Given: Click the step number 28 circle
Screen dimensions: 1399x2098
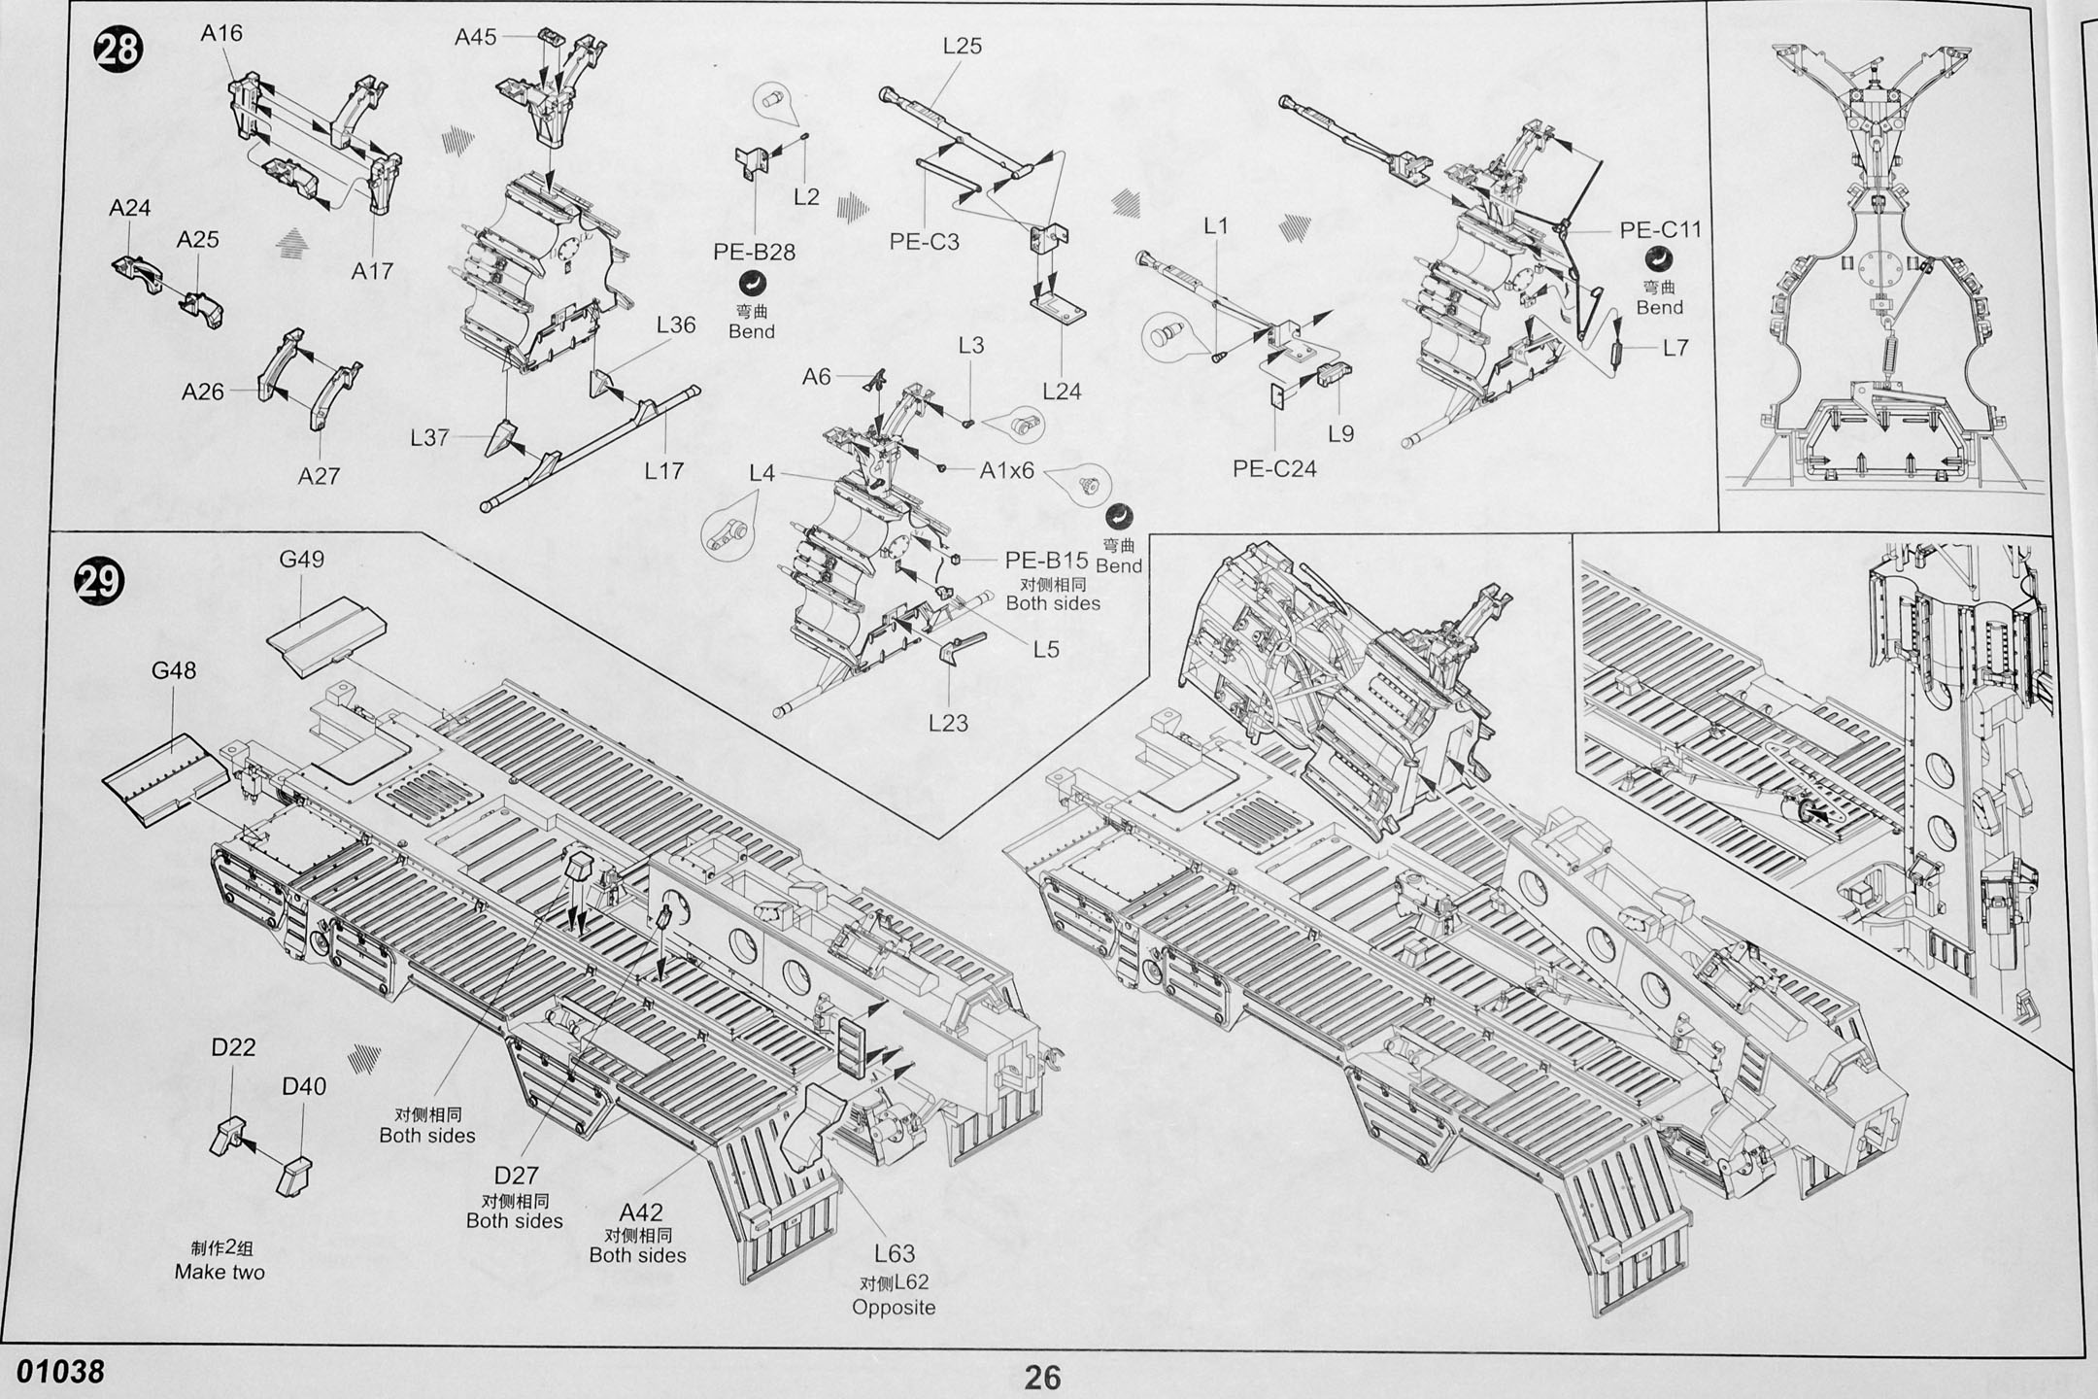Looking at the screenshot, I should coord(118,49).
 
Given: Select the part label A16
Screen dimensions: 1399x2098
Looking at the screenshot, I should coord(221,33).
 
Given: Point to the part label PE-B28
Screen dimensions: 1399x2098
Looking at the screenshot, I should coord(754,252).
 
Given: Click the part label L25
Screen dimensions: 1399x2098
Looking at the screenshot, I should coord(962,46).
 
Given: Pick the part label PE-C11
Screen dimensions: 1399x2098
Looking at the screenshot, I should coord(1661,230).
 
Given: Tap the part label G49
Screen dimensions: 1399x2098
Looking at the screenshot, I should coord(301,560).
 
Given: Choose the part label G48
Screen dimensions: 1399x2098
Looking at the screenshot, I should coord(174,670).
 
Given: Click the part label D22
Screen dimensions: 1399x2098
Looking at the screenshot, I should coord(233,1046).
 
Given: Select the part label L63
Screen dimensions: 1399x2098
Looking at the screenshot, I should coord(894,1254).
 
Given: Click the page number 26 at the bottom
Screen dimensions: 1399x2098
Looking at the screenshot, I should coord(1042,1377).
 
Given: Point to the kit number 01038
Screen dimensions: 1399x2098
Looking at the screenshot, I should coord(60,1371).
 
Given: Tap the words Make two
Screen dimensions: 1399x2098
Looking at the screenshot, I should coord(220,1272).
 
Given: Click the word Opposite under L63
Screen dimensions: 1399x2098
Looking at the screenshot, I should coord(894,1308).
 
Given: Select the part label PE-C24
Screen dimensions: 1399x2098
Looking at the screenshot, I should coord(1274,469).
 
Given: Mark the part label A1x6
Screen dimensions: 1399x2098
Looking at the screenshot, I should coord(1007,471).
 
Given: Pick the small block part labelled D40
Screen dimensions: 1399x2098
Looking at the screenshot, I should coord(294,1176).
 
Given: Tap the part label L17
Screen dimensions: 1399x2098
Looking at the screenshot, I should coord(664,471).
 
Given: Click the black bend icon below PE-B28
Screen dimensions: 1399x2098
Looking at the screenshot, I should coord(753,284).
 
